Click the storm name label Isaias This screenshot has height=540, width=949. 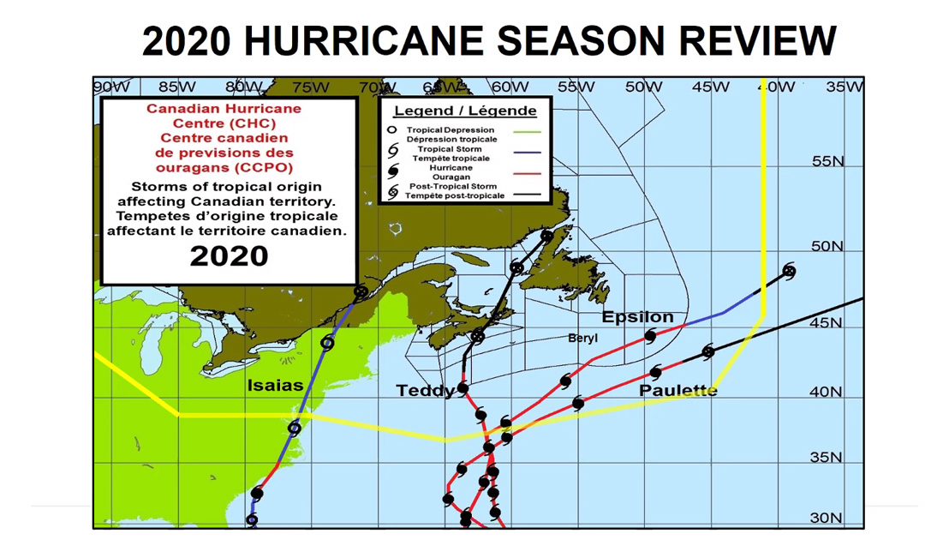pyautogui.click(x=275, y=385)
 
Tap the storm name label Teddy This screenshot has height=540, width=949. pyautogui.click(x=425, y=391)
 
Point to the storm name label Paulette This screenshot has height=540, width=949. pyautogui.click(x=677, y=391)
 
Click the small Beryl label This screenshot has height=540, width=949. pyautogui.click(x=583, y=339)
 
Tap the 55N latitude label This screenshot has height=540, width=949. pyautogui.click(x=827, y=161)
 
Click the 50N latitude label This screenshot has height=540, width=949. pyautogui.click(x=827, y=247)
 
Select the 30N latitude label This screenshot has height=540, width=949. pyautogui.click(x=827, y=518)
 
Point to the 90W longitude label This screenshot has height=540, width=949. pyautogui.click(x=110, y=87)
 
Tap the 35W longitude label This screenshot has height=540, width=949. pyautogui.click(x=845, y=87)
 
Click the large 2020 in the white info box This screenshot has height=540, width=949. pyautogui.click(x=229, y=255)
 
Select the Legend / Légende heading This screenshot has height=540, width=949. pyautogui.click(x=465, y=111)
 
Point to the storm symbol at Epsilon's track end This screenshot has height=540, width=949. pyautogui.click(x=789, y=272)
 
